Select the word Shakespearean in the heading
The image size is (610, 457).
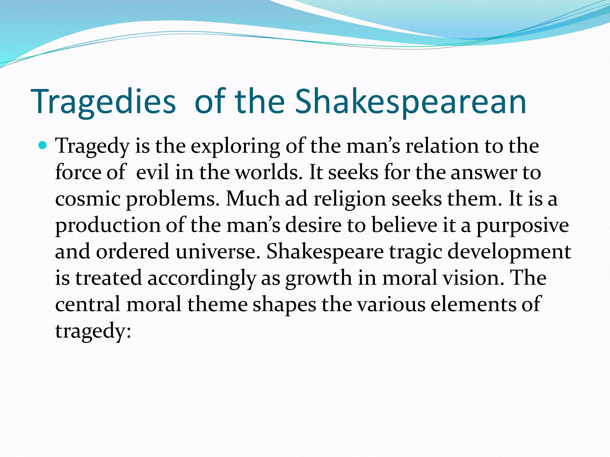(x=410, y=102)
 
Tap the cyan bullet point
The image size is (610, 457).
(x=43, y=146)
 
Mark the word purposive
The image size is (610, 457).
(x=523, y=226)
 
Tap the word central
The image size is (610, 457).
(x=88, y=304)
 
